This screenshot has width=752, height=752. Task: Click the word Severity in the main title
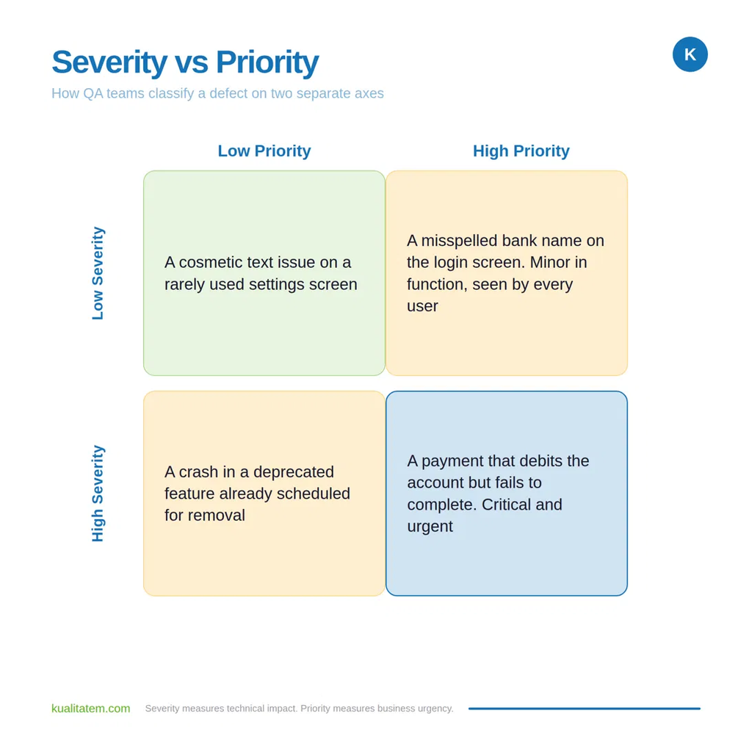109,62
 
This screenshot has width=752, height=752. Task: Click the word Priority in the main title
267,62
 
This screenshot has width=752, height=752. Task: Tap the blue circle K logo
690,54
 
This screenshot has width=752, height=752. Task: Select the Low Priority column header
264,151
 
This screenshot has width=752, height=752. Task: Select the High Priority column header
521,151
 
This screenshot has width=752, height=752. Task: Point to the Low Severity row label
98,273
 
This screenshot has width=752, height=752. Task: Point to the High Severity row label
98,493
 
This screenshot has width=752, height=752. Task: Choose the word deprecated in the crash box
294,472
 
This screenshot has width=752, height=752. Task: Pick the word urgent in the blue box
430,527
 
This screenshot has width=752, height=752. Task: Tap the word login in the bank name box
451,263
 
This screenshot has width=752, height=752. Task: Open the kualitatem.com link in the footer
90,709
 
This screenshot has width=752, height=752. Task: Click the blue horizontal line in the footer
584,709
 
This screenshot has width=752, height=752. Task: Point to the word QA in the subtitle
93,93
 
